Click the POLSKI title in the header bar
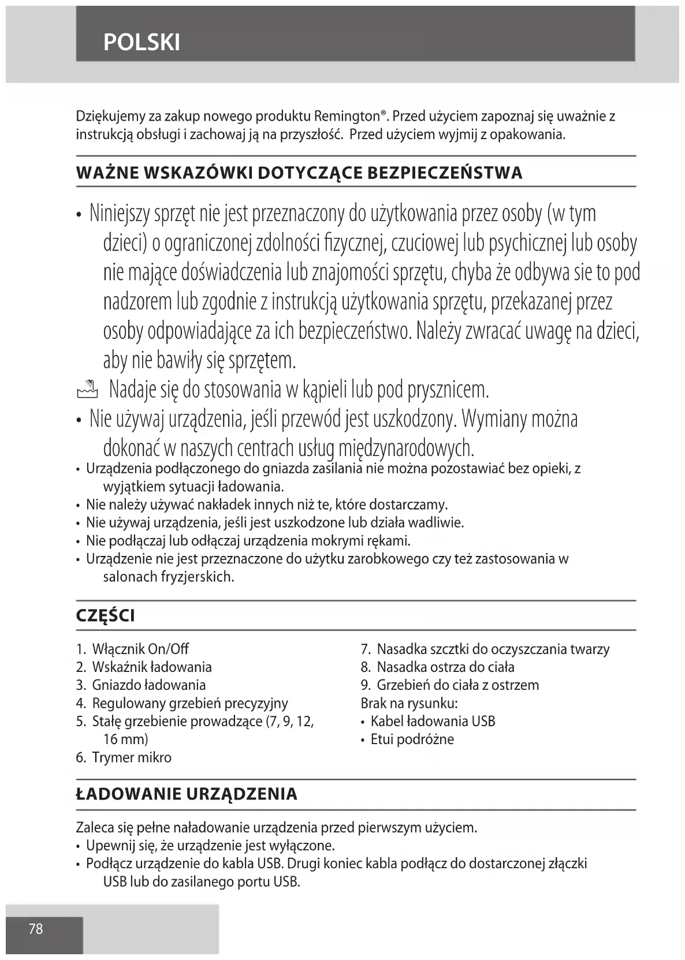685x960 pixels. pos(142,42)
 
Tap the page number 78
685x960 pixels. pos(36,929)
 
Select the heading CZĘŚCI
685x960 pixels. pos(106,616)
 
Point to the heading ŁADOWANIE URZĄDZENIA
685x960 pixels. pos(187,794)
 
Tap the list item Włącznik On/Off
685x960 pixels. pos(140,649)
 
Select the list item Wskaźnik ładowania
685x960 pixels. pos(151,667)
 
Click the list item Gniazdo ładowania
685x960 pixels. pos(148,685)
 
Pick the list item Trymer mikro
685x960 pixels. pos(131,757)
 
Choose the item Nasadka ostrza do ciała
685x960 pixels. pos(445,667)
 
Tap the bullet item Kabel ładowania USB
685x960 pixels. pos(433,721)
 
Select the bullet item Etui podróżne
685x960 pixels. pos(412,739)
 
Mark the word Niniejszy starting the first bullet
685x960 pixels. pos(120,214)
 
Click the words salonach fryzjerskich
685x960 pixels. pos(168,577)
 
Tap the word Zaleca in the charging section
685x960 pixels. pos(95,828)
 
